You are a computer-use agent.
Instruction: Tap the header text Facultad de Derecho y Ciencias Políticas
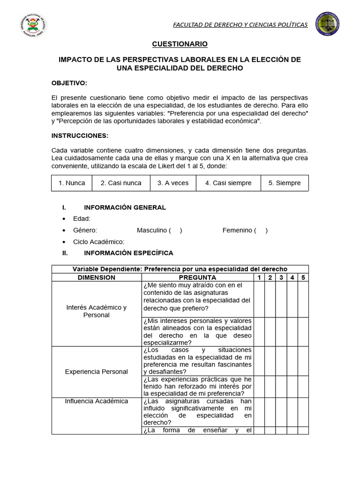click(240, 24)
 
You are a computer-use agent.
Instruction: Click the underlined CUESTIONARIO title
click(180, 44)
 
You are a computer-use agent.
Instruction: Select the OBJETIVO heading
click(69, 83)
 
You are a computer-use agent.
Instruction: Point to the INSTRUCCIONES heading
click(80, 135)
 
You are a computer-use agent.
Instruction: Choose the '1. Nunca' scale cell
click(72, 183)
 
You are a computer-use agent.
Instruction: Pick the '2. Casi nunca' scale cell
click(121, 183)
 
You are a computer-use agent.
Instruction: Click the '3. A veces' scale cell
click(172, 183)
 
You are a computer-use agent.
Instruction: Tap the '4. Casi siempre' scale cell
click(228, 183)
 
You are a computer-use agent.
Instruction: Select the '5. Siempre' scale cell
click(285, 183)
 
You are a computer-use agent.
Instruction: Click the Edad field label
click(82, 218)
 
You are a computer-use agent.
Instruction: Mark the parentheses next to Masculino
click(175, 230)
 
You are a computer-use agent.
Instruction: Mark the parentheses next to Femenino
click(261, 230)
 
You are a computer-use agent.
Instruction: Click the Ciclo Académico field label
click(98, 241)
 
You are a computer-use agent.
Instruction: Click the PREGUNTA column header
click(197, 277)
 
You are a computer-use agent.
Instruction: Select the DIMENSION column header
click(96, 277)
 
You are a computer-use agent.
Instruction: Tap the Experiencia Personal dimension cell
click(96, 371)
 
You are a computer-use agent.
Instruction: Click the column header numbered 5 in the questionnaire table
click(303, 277)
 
